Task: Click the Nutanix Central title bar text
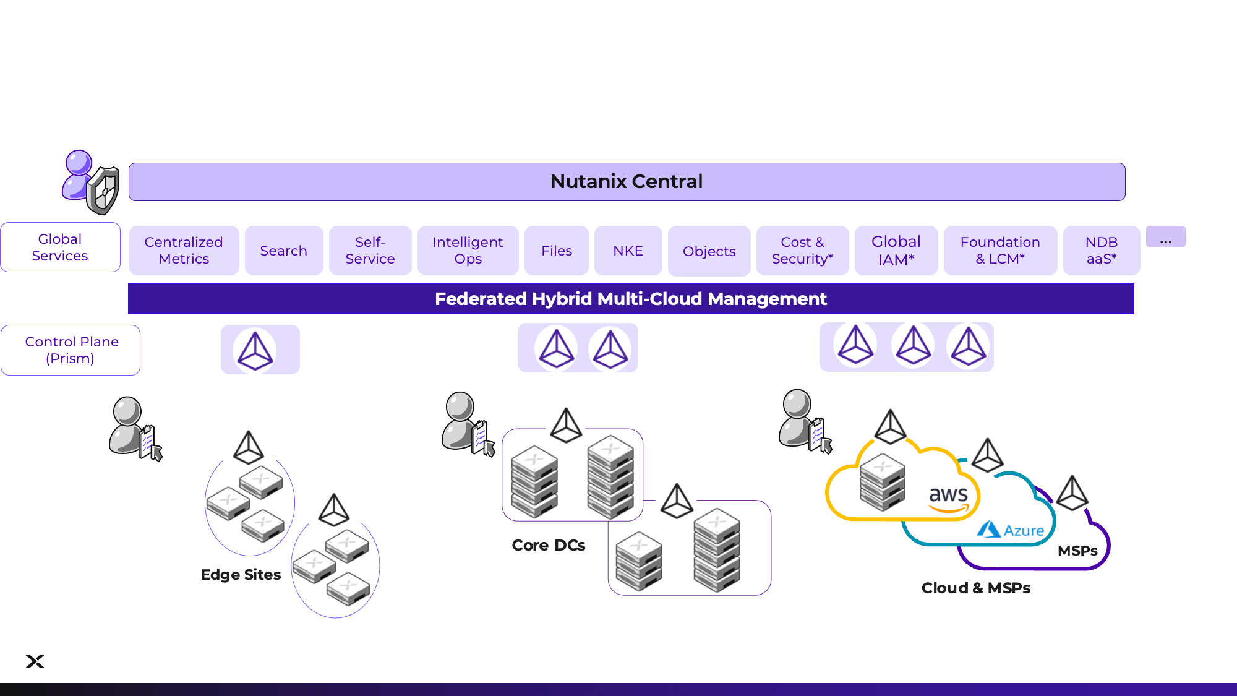click(626, 181)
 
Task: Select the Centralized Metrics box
click(184, 251)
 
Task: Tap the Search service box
click(284, 251)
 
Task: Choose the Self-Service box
click(370, 251)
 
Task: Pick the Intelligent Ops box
click(468, 251)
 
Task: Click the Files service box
click(556, 251)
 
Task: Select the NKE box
click(628, 251)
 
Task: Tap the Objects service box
click(709, 251)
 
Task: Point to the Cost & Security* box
click(802, 251)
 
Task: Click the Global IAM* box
click(896, 251)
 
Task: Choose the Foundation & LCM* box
click(999, 251)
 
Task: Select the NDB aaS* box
click(1101, 251)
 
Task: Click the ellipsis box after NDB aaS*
click(1165, 237)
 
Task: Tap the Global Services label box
click(60, 247)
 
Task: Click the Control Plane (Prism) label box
click(71, 350)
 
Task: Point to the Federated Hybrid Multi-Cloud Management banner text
click(630, 299)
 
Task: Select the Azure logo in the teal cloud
click(1010, 530)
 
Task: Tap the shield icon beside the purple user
click(103, 191)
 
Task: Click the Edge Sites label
click(241, 575)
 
